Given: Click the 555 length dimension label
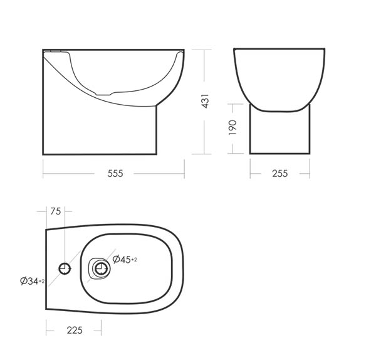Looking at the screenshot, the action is (115, 173).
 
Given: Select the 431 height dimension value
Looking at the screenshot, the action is (206, 101).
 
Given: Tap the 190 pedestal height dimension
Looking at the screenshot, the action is (232, 127).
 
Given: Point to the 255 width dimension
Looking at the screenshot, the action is (280, 173).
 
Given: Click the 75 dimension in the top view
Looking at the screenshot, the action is (56, 211).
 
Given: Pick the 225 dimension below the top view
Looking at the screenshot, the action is (75, 331).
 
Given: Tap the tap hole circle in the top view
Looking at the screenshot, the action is (65, 268).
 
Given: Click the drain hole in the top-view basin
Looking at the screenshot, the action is (102, 268).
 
